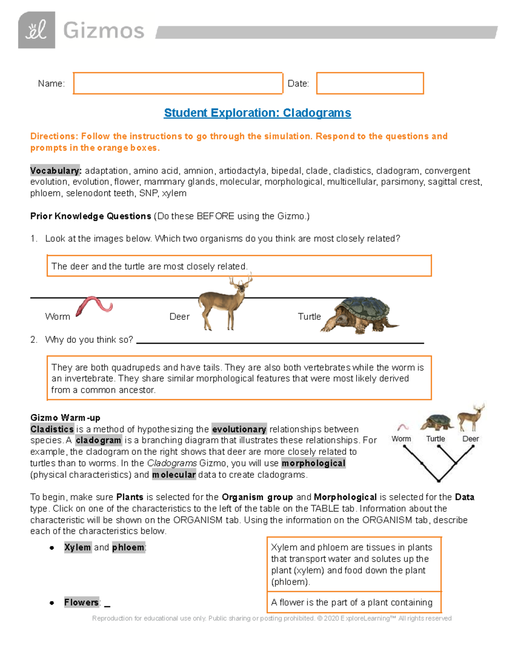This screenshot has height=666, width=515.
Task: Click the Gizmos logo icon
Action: point(36,30)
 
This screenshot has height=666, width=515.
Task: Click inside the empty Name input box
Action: point(178,83)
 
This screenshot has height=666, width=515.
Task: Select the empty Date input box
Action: point(370,83)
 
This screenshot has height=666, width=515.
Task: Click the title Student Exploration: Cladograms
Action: point(257,113)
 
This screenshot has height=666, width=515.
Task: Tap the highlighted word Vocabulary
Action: point(55,171)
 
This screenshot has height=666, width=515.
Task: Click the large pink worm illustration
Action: point(94,306)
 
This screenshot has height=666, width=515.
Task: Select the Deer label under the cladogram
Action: point(470,439)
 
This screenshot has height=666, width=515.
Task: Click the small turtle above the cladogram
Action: point(437,422)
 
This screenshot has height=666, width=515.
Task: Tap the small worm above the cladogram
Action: point(403,427)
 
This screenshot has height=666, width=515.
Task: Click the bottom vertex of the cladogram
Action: point(438,480)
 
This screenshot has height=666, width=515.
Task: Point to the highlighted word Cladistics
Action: point(52,429)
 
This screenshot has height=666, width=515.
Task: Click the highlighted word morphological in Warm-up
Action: point(313,463)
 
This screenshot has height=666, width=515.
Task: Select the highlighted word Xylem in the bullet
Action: point(77,547)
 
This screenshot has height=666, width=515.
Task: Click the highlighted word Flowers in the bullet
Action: point(82,602)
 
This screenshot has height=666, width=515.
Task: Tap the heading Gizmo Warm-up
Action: point(65,418)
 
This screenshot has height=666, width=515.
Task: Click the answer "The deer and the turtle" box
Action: point(239,266)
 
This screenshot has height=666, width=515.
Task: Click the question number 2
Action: point(34,340)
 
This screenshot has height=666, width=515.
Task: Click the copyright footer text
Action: point(272,618)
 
